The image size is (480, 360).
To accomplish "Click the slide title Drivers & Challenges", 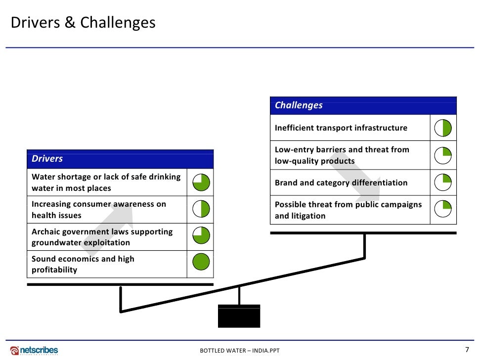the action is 83,23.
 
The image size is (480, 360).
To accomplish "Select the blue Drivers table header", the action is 120,159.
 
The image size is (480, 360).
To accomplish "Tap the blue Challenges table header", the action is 363,105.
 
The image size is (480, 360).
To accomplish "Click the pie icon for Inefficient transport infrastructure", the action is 443,128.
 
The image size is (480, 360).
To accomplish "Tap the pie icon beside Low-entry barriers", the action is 443,155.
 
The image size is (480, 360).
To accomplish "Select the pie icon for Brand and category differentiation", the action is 443,182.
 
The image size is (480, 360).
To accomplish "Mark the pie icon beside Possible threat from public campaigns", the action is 443,210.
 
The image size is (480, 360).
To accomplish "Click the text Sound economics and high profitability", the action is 83,264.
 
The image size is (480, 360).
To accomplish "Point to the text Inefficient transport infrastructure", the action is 341,128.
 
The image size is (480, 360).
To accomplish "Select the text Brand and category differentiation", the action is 341,182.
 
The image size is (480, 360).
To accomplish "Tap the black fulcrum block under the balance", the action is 239,316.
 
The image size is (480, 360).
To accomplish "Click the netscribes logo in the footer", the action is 35,350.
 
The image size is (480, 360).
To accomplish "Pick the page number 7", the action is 467,349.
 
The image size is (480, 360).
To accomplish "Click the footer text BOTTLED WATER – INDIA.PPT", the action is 240,351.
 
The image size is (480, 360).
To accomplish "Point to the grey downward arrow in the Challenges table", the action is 356,183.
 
